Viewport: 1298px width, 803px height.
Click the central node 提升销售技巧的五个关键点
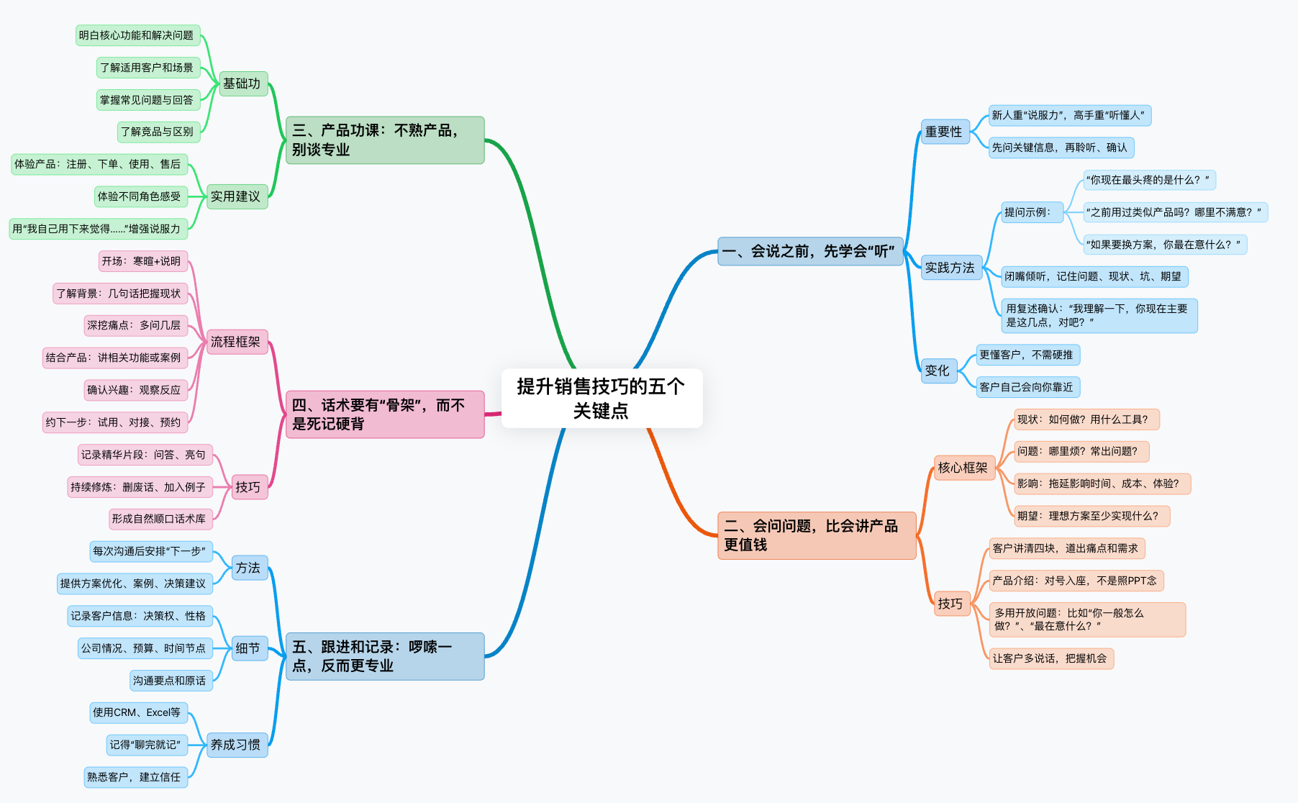602,399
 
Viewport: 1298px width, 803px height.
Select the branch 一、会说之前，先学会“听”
810,251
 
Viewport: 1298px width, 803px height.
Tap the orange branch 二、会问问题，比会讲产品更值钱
817,535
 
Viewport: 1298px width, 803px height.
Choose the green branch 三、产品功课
385,140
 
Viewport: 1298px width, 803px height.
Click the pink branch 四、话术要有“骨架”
385,414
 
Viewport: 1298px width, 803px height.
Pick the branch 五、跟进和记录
385,656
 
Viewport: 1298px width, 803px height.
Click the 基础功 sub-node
242,84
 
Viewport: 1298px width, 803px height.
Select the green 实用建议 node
236,196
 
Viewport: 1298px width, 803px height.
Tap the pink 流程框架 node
236,342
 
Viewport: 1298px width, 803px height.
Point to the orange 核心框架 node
963,468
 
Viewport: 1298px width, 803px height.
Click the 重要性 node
944,132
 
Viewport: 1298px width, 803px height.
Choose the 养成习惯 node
236,745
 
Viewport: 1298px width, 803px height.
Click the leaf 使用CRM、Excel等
137,712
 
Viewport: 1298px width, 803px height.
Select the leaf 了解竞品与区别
158,132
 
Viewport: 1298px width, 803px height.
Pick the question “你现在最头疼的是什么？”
1148,180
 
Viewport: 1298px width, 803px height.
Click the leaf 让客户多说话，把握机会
1050,658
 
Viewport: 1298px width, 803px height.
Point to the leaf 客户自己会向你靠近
1027,387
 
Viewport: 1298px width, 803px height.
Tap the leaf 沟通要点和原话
170,681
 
